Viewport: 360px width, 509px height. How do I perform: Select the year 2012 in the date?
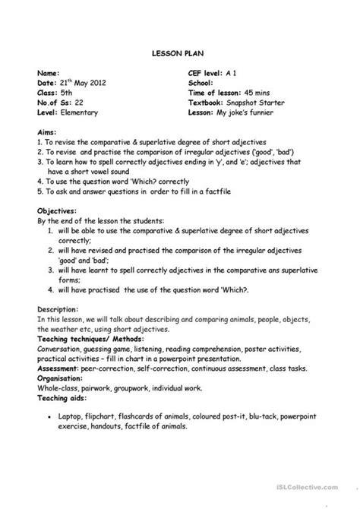coord(103,82)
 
